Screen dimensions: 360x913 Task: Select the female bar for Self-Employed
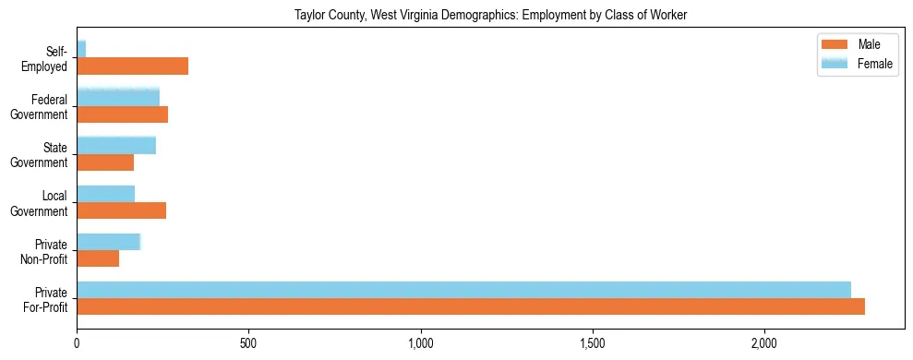[x=81, y=49]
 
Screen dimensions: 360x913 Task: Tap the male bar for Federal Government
[x=122, y=114]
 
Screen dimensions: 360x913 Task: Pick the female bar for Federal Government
[x=118, y=97]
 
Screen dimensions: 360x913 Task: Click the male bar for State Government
[x=105, y=162]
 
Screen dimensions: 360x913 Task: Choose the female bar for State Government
[x=116, y=145]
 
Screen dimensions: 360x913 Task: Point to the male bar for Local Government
[x=121, y=210]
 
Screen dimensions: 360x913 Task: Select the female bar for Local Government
[x=105, y=194]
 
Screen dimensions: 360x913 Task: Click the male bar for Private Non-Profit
[x=98, y=258]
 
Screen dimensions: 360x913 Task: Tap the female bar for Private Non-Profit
[x=108, y=242]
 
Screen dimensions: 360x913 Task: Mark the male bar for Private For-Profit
[x=471, y=306]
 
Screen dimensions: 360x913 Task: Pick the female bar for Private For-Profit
[x=463, y=290]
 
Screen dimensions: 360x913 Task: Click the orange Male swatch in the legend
[x=834, y=44]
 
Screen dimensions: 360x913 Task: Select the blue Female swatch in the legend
[x=834, y=63]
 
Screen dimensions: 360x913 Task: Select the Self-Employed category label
[x=48, y=59]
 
